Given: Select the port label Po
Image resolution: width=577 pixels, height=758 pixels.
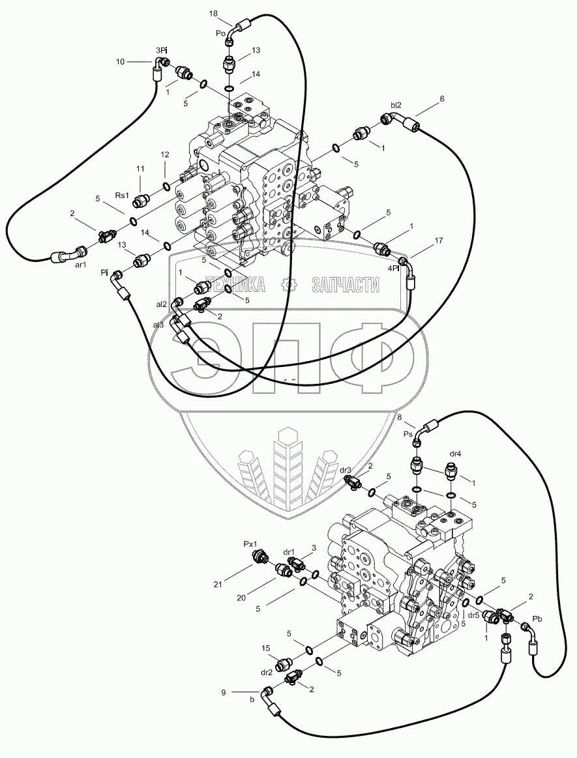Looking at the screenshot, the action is pos(221,31).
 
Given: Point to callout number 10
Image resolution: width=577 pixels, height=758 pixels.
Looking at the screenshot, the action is pos(120,62).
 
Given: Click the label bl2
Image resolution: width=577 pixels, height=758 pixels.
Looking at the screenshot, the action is pos(396,104).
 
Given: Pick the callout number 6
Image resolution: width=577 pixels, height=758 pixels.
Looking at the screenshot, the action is pos(441,98).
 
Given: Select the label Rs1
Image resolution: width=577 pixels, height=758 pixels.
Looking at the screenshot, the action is pos(123,194).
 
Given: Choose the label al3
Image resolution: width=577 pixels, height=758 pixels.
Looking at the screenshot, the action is pos(158,324).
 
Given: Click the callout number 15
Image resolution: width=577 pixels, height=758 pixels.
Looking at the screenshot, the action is pos(266,648).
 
